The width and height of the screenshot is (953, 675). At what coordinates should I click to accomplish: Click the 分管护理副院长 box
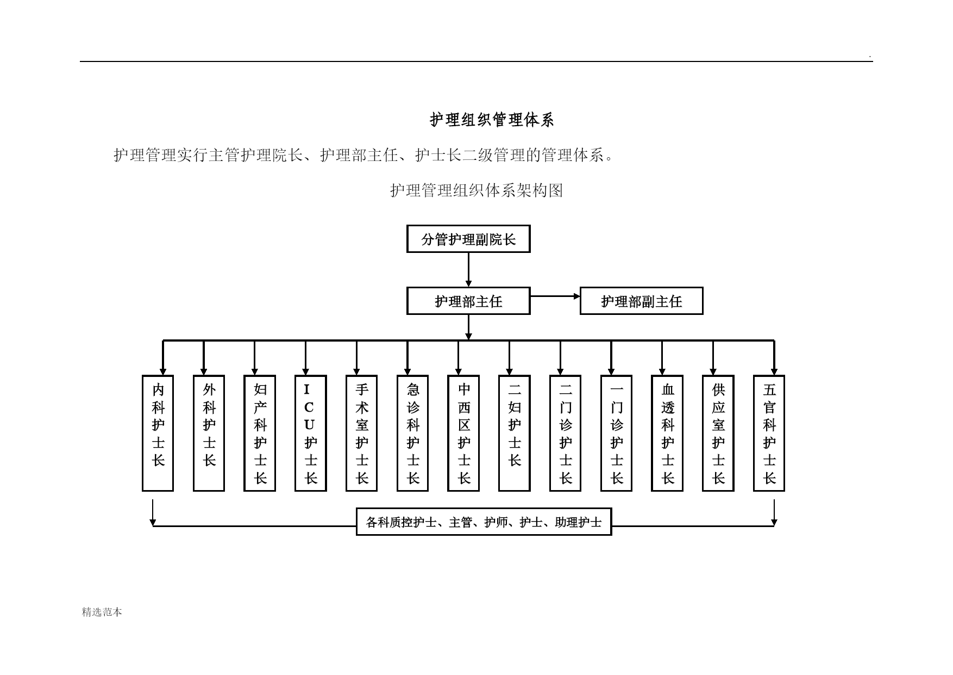coord(468,239)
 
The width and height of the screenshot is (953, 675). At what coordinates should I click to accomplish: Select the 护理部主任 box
coord(468,301)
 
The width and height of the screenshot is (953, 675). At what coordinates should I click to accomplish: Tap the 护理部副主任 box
coord(641,301)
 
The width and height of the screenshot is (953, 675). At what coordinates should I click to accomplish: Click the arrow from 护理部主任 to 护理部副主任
coord(555,296)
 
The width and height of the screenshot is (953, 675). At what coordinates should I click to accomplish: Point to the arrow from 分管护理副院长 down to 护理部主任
coord(468,270)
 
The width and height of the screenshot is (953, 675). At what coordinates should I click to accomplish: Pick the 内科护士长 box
coord(158,433)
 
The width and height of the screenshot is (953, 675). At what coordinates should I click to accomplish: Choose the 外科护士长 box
coord(209,433)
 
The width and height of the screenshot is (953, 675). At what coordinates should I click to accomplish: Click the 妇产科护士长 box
coord(260,433)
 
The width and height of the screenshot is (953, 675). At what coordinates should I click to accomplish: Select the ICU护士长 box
coord(311,433)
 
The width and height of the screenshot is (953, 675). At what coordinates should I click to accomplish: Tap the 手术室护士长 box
coord(362,433)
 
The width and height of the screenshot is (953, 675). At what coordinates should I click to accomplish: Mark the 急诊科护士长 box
coord(413,433)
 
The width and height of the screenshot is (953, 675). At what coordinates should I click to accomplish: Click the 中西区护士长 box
coord(463,433)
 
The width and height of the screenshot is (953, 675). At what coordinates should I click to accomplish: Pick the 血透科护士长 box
coord(667,433)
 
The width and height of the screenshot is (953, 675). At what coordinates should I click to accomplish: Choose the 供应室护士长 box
coord(718,433)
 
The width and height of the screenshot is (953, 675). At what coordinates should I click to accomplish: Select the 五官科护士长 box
coord(769,433)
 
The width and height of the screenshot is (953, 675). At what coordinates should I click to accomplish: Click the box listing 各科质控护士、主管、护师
coord(484,522)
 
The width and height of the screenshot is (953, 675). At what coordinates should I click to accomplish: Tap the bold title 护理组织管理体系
coord(492,120)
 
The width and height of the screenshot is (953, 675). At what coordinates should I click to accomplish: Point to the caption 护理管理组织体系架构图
coord(476,190)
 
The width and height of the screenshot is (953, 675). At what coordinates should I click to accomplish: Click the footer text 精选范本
coord(102,612)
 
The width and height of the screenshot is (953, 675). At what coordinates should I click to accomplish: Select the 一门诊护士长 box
coord(616,433)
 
